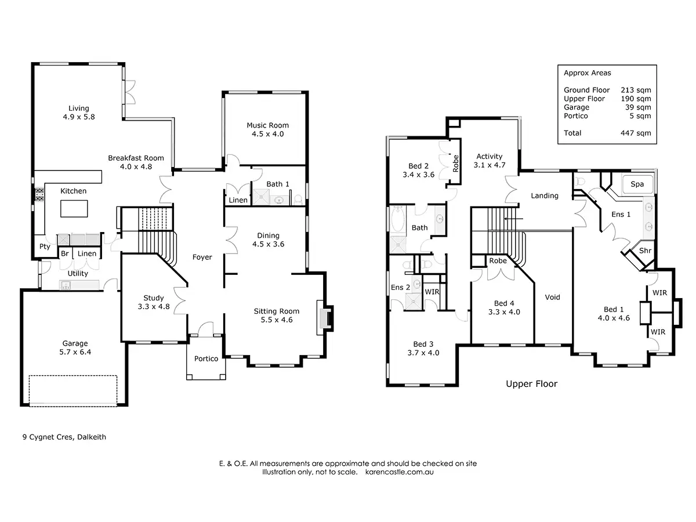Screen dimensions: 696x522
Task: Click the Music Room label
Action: point(267,125)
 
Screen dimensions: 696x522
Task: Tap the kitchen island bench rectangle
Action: point(74,208)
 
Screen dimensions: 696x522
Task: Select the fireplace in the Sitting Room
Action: point(325,318)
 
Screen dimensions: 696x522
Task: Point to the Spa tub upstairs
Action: point(637,184)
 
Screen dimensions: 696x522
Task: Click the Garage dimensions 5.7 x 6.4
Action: point(75,352)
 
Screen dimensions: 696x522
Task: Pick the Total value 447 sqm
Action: point(636,133)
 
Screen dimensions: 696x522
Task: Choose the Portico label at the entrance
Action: point(206,358)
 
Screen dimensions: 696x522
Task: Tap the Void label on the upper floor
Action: point(552,297)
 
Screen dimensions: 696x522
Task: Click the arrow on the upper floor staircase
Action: point(513,219)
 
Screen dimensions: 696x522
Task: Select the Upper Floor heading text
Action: point(531,384)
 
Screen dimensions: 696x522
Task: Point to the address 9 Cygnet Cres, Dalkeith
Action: point(64,437)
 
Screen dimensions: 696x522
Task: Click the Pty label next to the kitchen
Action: point(45,246)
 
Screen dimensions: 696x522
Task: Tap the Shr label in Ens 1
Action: point(645,251)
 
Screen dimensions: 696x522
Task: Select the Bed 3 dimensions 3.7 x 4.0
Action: point(423,353)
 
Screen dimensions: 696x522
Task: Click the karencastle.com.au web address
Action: point(399,472)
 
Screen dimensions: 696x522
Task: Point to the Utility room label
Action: point(78,273)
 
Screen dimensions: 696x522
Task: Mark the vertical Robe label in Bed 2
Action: point(456,164)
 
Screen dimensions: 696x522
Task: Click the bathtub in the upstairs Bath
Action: point(397,219)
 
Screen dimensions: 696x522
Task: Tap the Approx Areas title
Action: point(587,73)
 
